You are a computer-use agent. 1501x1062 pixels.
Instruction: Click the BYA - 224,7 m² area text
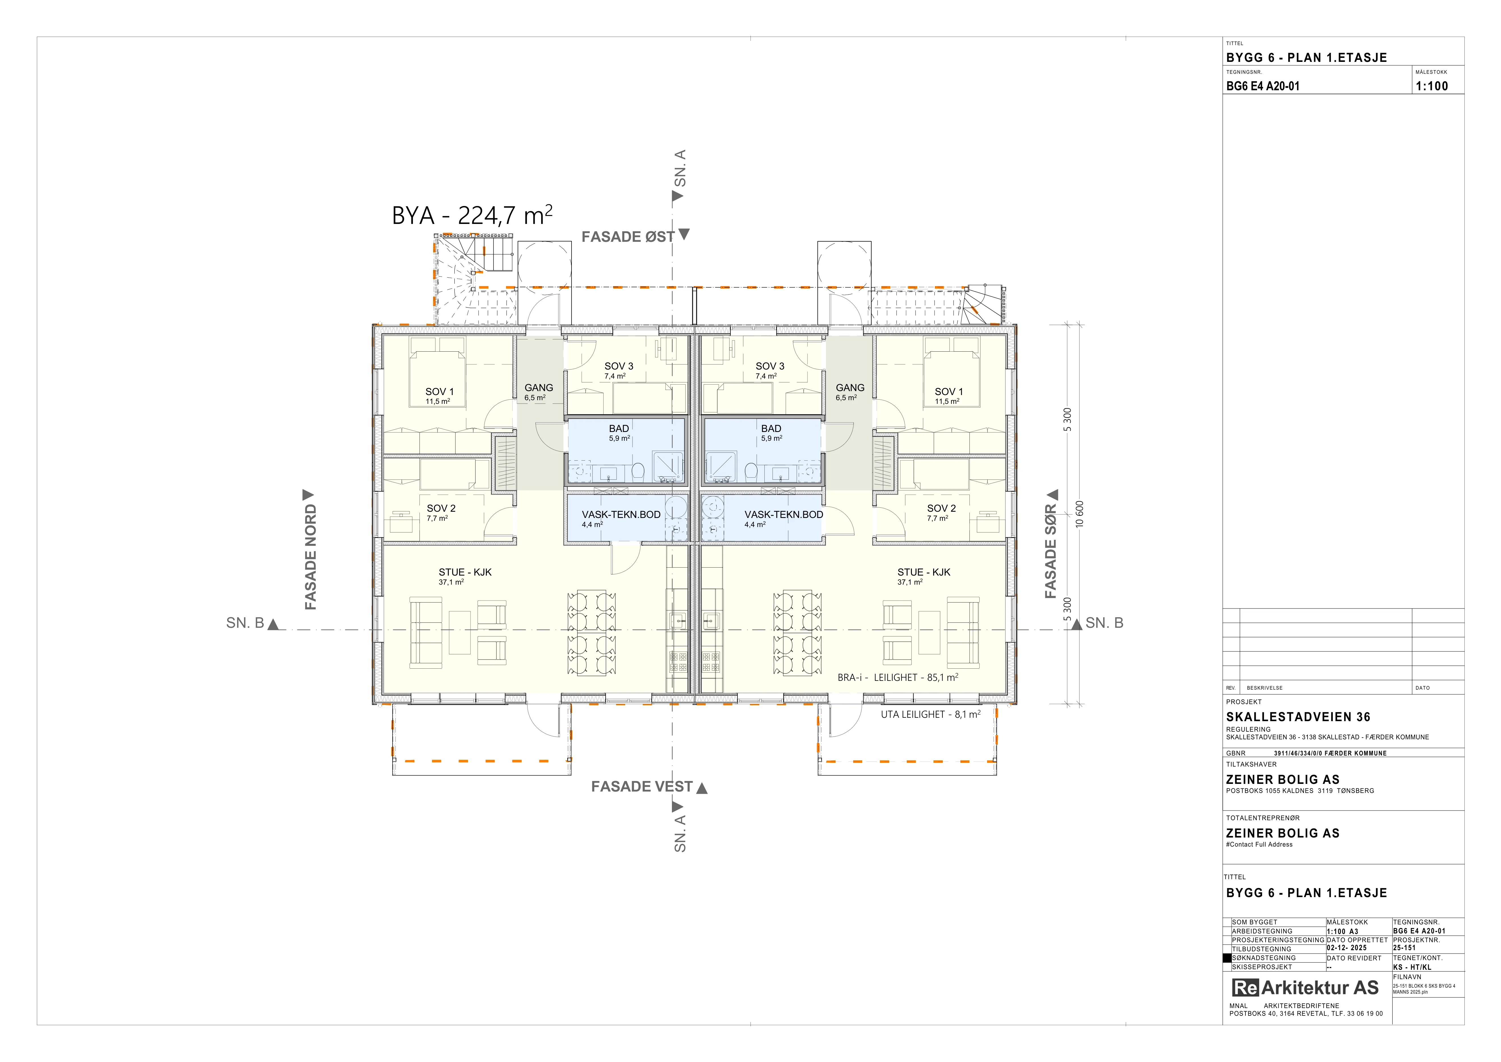[x=472, y=215]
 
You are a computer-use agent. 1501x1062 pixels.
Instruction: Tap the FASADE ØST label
[x=628, y=237]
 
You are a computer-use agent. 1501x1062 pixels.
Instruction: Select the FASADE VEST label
[x=641, y=787]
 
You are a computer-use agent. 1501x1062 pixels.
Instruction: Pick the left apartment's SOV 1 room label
[x=439, y=392]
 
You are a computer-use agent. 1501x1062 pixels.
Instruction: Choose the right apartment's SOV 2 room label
[x=941, y=508]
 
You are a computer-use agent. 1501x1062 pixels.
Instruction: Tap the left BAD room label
[x=619, y=428]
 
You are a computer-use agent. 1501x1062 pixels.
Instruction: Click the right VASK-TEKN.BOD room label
[x=784, y=515]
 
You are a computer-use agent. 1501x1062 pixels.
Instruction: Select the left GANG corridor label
[x=539, y=388]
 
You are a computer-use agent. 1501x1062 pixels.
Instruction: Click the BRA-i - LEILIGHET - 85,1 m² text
[x=898, y=677]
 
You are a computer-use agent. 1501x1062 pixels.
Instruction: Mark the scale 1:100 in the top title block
[x=1432, y=86]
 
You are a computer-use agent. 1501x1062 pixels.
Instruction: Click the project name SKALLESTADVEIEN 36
[x=1298, y=717]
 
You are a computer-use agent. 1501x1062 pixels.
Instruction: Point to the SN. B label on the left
[x=245, y=623]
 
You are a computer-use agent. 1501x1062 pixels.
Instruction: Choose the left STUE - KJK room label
[x=465, y=572]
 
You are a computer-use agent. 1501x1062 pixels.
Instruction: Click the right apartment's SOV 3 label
[x=770, y=366]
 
